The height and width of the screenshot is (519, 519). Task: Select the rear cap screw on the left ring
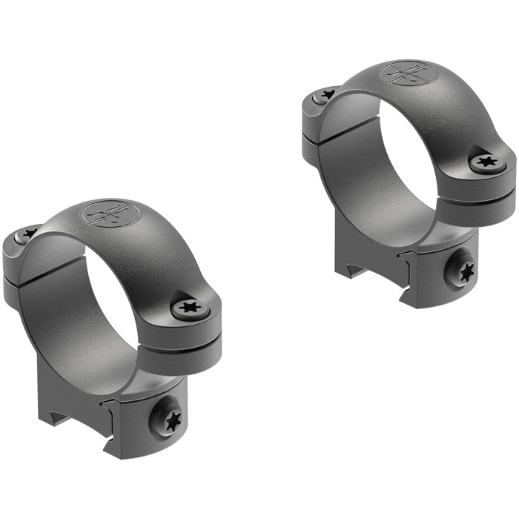[28, 234]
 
